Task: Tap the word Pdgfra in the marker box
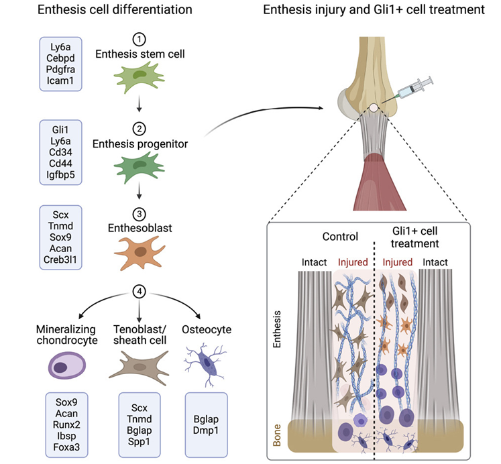coord(64,69)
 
